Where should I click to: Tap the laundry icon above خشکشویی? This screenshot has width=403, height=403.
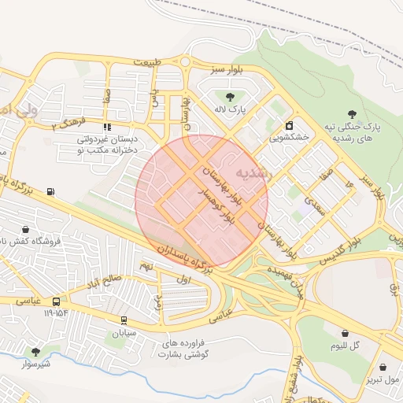coord(289,124)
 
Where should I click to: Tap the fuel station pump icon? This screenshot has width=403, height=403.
coord(51,190)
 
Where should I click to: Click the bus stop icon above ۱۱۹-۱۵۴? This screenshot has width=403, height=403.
coord(56,301)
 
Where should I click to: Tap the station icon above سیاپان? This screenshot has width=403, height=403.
coord(124,320)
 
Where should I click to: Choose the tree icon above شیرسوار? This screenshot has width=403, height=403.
coord(35,351)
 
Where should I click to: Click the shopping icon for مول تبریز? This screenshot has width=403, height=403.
coord(383,367)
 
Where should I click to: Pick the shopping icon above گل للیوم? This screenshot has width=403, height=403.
coord(345,333)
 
